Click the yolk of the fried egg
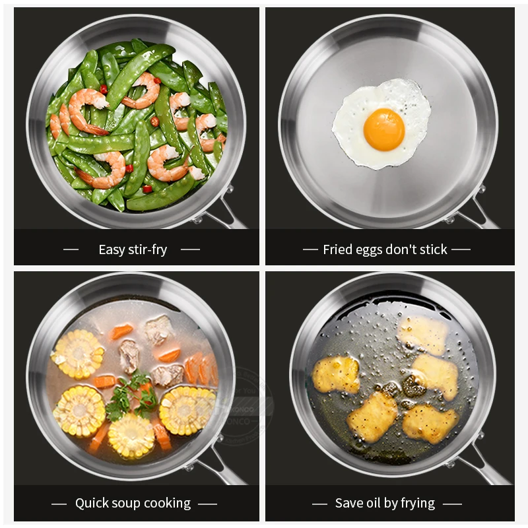383,129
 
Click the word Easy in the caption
112,249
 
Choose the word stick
432,249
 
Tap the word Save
348,503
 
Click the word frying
416,504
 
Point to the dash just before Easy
71,249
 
